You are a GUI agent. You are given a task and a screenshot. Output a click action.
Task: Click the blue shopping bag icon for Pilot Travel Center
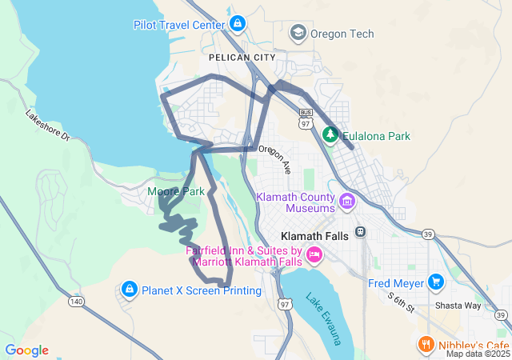237,24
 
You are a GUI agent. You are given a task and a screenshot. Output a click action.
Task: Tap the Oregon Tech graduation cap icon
298,33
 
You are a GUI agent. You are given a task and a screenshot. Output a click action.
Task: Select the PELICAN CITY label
241,58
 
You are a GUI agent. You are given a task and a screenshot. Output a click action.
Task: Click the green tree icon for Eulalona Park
330,135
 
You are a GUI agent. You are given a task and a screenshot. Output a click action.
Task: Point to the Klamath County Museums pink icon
346,199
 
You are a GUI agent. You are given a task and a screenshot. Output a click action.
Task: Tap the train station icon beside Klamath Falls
361,232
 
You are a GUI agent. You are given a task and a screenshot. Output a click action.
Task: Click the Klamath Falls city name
317,237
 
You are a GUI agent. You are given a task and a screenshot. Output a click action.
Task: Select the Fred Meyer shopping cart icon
435,282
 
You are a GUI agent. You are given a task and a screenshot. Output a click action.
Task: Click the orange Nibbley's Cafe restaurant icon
426,344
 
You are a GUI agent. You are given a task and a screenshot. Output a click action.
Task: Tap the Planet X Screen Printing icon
129,289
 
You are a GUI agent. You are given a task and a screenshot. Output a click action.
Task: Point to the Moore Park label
176,191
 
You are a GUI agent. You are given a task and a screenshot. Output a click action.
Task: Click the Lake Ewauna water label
324,318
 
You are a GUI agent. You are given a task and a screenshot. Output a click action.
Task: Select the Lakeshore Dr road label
48,126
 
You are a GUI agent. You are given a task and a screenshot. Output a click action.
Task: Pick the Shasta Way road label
457,306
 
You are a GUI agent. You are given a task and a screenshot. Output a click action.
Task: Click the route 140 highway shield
77,301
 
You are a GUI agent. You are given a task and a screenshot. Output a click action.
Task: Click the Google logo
26,350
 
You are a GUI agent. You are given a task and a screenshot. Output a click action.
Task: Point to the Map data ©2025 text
477,354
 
